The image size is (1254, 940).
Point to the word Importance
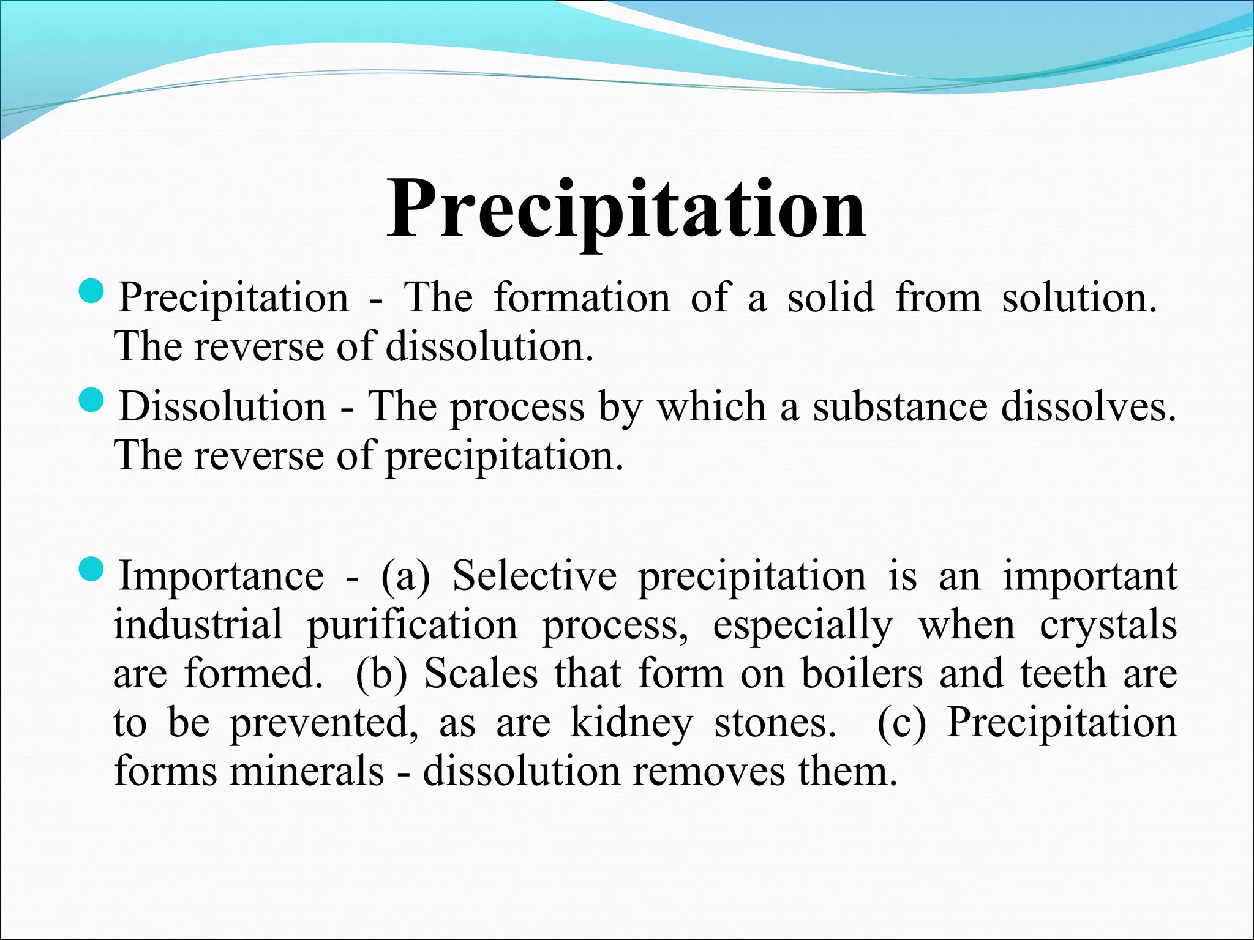(221, 576)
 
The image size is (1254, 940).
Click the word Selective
(534, 576)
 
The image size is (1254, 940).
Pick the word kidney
(631, 723)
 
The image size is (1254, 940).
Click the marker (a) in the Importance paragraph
(406, 577)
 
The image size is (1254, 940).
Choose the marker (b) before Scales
(381, 675)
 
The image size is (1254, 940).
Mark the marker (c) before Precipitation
(901, 724)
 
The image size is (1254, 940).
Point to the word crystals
(1108, 626)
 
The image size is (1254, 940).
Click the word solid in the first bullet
(831, 297)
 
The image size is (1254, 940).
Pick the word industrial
(198, 625)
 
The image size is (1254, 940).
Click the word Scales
(481, 674)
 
